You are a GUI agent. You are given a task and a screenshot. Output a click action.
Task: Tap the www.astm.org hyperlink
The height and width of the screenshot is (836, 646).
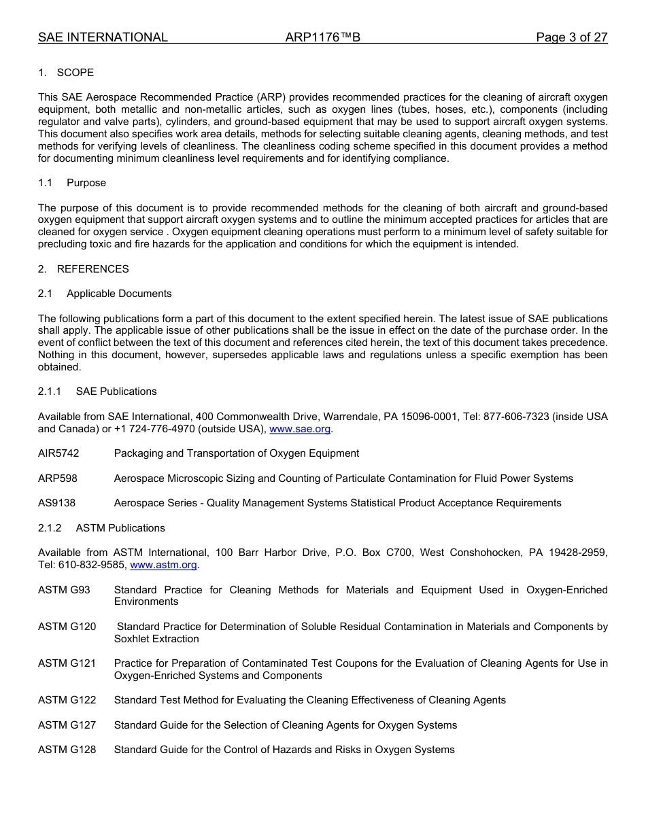pyautogui.click(x=163, y=565)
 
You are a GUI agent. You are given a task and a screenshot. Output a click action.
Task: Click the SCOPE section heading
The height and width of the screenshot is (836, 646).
pyautogui.click(x=75, y=73)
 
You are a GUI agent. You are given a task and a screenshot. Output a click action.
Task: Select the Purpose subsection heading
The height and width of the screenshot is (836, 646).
pyautogui.click(x=86, y=183)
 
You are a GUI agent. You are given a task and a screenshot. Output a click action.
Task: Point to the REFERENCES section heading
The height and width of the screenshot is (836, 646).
pyautogui.click(x=92, y=269)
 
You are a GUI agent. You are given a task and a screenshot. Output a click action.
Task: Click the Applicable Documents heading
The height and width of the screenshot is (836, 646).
pyautogui.click(x=119, y=294)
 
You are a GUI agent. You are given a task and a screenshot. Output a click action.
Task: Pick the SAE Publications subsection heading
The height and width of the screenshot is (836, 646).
pyautogui.click(x=116, y=391)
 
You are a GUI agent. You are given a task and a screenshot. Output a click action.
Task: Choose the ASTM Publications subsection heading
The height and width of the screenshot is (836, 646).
pyautogui.click(x=120, y=528)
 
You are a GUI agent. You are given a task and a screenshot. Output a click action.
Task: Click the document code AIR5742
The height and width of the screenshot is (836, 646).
pyautogui.click(x=58, y=453)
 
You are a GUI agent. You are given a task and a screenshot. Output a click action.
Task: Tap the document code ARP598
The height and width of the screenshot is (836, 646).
pyautogui.click(x=58, y=478)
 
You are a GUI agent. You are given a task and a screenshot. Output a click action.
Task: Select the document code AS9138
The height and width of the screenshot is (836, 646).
pyautogui.click(x=56, y=503)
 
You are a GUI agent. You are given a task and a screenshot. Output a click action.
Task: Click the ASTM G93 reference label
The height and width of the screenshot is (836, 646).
pyautogui.click(x=64, y=590)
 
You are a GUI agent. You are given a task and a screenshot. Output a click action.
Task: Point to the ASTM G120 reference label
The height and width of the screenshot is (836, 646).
pyautogui.click(x=67, y=627)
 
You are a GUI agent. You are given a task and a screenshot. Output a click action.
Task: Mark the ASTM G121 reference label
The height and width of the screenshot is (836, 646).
pyautogui.click(x=67, y=663)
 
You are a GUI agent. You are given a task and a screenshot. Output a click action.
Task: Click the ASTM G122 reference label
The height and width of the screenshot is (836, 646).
pyautogui.click(x=67, y=700)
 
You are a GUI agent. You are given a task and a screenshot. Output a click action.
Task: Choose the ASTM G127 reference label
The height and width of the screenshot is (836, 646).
pyautogui.click(x=67, y=725)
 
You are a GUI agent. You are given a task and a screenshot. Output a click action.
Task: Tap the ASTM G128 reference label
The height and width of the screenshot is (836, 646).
pyautogui.click(x=67, y=750)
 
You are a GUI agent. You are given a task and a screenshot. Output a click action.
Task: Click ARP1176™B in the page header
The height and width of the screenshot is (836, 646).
pyautogui.click(x=322, y=38)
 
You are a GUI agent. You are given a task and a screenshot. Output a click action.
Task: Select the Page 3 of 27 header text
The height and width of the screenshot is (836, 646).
pyautogui.click(x=571, y=38)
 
